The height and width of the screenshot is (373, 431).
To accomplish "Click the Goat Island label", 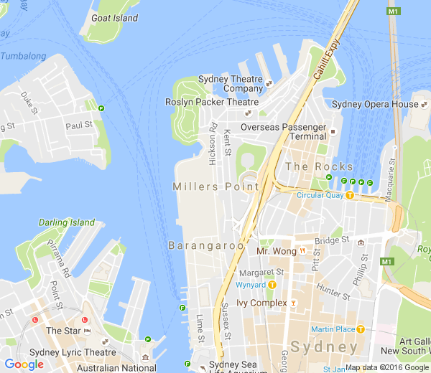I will [x=115, y=18].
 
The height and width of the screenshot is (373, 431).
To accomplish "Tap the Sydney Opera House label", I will [x=374, y=105].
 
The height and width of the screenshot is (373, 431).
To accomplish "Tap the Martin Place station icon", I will [x=360, y=329].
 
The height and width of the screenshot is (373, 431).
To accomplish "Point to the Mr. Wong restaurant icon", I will [x=303, y=251].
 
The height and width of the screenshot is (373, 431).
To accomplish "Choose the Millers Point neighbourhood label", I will [x=215, y=186].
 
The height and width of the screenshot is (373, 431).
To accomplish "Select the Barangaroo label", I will [x=205, y=245].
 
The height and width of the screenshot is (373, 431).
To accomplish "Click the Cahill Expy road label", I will [x=325, y=58].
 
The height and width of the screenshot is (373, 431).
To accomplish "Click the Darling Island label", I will [x=67, y=222].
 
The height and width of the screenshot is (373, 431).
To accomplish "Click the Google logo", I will [x=24, y=364].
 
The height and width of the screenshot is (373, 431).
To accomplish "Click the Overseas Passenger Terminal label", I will [x=283, y=131].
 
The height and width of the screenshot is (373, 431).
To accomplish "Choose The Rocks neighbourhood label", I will [x=319, y=166].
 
